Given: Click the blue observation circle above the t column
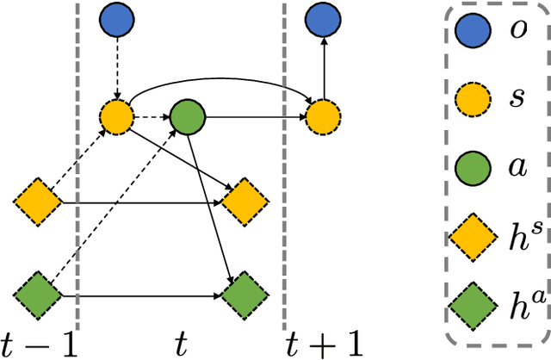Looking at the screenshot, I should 116,20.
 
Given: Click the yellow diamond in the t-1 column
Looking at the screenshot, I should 38,202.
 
